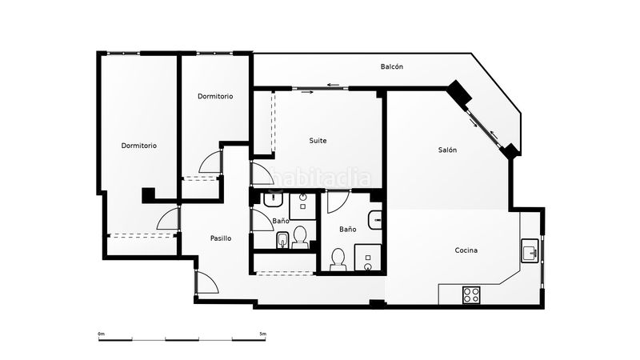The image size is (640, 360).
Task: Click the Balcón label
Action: tap(392, 66)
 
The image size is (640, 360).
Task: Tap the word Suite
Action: tap(318, 141)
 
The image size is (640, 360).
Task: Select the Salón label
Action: tap(447, 150)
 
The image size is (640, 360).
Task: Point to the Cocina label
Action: tap(466, 250)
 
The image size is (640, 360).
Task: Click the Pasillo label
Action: tap(221, 238)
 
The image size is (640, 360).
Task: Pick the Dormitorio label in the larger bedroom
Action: tap(138, 146)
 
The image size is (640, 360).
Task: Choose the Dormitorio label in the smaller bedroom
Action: tap(215, 96)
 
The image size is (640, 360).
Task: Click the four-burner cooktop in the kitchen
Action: tap(471, 294)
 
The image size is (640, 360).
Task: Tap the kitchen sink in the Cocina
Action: tap(530, 250)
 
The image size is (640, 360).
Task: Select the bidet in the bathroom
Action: tap(282, 241)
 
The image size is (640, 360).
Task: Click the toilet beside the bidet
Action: tap(300, 237)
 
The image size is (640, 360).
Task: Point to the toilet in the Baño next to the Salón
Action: tap(338, 260)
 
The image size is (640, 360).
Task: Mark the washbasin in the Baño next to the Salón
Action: tap(374, 221)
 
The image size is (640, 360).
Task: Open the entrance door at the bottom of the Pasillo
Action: tap(207, 282)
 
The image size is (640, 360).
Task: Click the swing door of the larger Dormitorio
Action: tap(168, 218)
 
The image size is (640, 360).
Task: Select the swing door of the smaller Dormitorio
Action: tap(210, 162)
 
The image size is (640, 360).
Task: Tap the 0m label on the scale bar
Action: tap(102, 334)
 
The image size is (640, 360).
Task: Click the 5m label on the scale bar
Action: tap(263, 334)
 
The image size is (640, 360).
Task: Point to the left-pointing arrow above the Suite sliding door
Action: tap(333, 85)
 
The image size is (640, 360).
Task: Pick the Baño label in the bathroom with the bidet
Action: tap(281, 221)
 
